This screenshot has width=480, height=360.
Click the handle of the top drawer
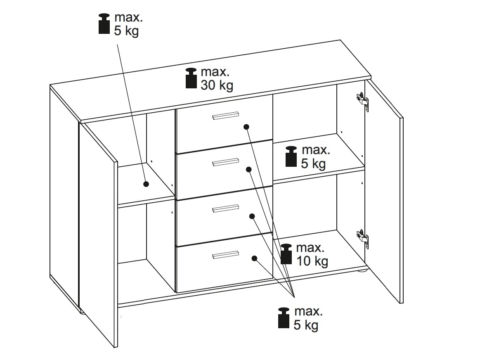225,116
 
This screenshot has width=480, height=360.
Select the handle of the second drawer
226,162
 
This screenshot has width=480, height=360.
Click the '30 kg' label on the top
217,85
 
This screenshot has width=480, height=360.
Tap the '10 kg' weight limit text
312,261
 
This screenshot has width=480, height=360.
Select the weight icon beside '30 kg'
192,78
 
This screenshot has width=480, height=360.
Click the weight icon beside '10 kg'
286,254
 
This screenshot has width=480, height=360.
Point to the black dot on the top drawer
246,127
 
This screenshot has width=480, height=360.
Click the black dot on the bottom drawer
254,258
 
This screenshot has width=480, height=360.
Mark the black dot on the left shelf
146,184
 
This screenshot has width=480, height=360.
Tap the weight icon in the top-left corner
104,24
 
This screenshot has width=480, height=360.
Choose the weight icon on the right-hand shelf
291,156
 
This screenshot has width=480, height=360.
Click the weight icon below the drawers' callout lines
284,318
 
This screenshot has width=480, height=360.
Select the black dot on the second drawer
249,169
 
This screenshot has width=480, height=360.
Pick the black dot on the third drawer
252,216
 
